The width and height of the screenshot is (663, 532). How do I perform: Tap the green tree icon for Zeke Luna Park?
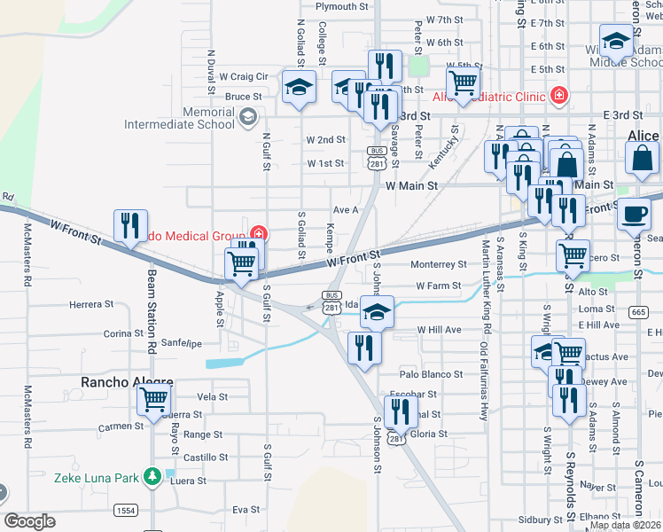(152, 478)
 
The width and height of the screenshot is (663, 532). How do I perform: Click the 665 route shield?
(638, 311)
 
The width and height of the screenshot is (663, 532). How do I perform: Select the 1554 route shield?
(125, 510)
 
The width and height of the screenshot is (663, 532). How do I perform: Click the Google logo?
(29, 521)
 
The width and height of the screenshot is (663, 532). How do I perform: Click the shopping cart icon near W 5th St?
(462, 83)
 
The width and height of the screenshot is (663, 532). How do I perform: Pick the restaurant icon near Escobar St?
(402, 411)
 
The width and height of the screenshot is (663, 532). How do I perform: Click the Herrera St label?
(92, 303)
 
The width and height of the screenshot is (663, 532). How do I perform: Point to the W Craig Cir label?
(244, 77)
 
